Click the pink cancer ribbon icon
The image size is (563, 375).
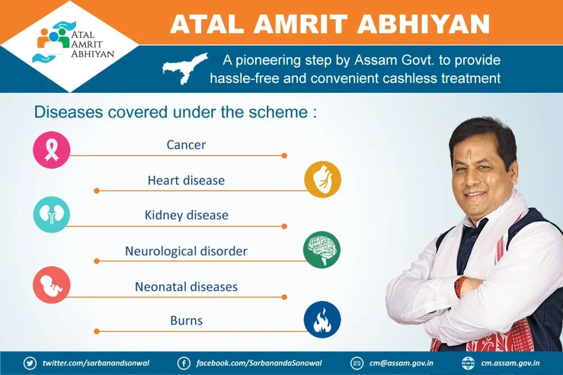(x=51, y=150)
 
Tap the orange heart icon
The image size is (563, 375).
(x=322, y=179)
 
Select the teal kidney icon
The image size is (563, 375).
(x=51, y=214)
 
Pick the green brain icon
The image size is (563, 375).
(x=322, y=249)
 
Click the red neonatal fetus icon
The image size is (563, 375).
(x=51, y=285)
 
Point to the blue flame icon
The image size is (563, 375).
(x=322, y=320)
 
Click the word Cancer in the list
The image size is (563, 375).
(x=186, y=145)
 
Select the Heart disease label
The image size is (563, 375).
(x=186, y=180)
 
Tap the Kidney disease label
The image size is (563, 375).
(x=186, y=215)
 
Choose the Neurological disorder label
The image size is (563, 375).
(x=186, y=251)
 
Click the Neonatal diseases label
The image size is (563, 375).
(x=186, y=287)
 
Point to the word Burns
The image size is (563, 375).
(x=186, y=321)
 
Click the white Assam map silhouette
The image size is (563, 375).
(x=185, y=68)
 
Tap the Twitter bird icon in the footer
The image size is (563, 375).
(x=30, y=363)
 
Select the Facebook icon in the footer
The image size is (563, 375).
(x=184, y=363)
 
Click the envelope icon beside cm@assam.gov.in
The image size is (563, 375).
(x=356, y=363)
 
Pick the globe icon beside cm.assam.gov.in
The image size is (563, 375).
(x=468, y=363)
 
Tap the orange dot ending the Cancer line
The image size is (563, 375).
(x=284, y=155)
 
